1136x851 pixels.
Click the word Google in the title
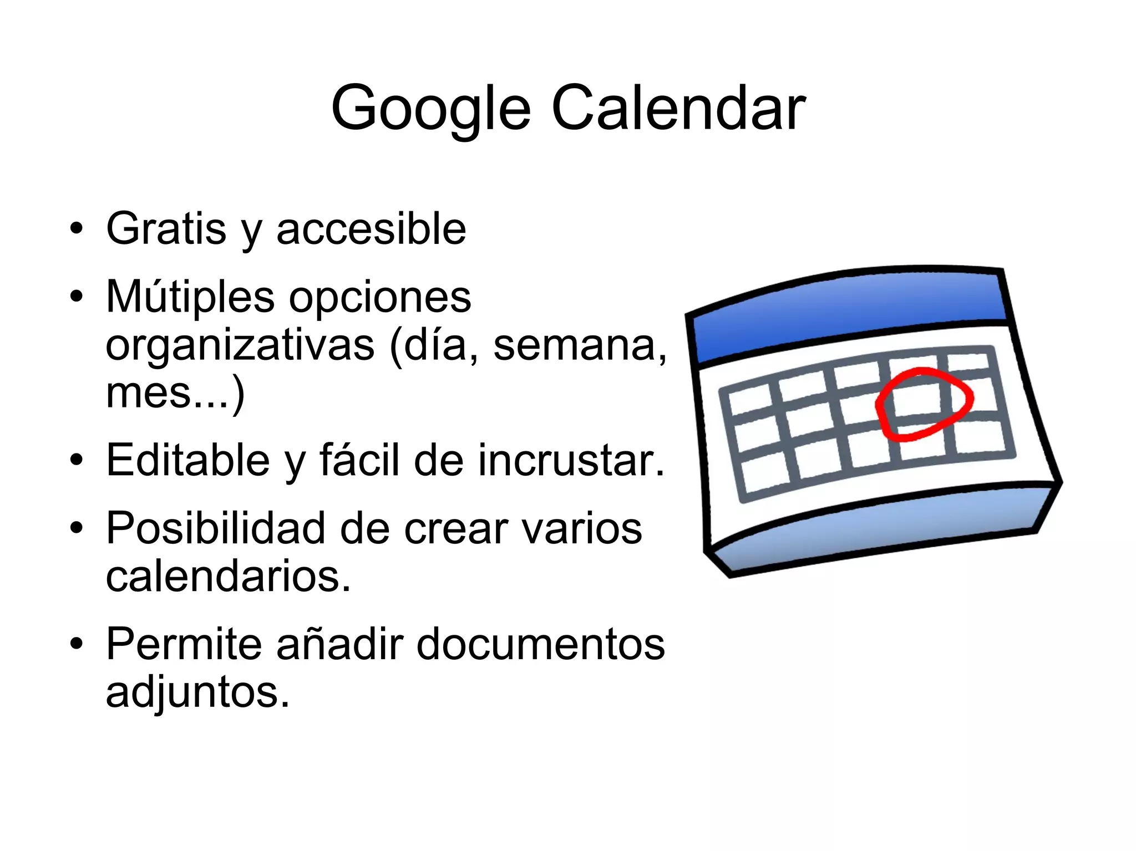point(430,109)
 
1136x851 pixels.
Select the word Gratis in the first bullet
point(166,228)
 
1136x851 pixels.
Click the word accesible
point(371,228)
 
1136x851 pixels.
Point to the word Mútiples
point(190,296)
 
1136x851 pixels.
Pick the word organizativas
point(240,345)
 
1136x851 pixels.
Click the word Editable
point(188,460)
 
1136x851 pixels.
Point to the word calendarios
point(228,576)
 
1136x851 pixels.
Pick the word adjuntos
point(197,692)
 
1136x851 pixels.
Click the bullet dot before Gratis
point(77,228)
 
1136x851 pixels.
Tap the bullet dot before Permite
point(77,644)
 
